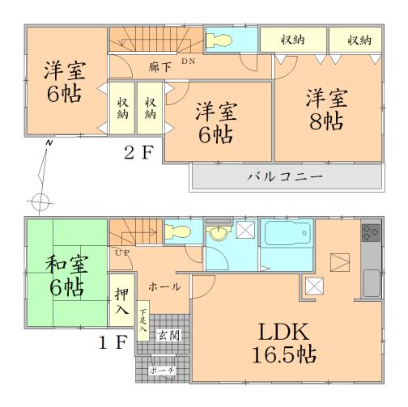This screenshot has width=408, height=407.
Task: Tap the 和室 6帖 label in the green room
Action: click(x=62, y=275)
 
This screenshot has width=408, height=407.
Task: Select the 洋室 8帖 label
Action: click(x=326, y=110)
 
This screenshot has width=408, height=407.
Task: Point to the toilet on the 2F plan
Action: click(x=220, y=40)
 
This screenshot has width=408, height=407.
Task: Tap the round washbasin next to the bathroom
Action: click(x=218, y=233)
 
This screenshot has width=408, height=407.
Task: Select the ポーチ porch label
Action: click(x=162, y=370)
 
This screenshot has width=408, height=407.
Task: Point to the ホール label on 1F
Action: click(x=165, y=286)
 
